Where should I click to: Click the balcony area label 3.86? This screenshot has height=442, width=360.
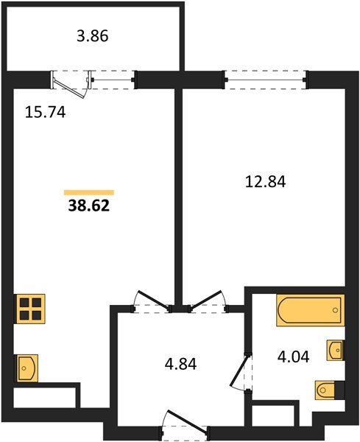[93, 35]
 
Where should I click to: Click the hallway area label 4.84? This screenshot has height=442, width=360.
[181, 363]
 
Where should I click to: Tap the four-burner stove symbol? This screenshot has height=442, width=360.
[30, 308]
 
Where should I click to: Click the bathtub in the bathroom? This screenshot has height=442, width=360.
[309, 310]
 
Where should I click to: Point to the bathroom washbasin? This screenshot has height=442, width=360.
[334, 348]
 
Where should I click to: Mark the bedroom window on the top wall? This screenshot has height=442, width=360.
[265, 76]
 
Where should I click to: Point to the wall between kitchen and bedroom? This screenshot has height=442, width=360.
[177, 192]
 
